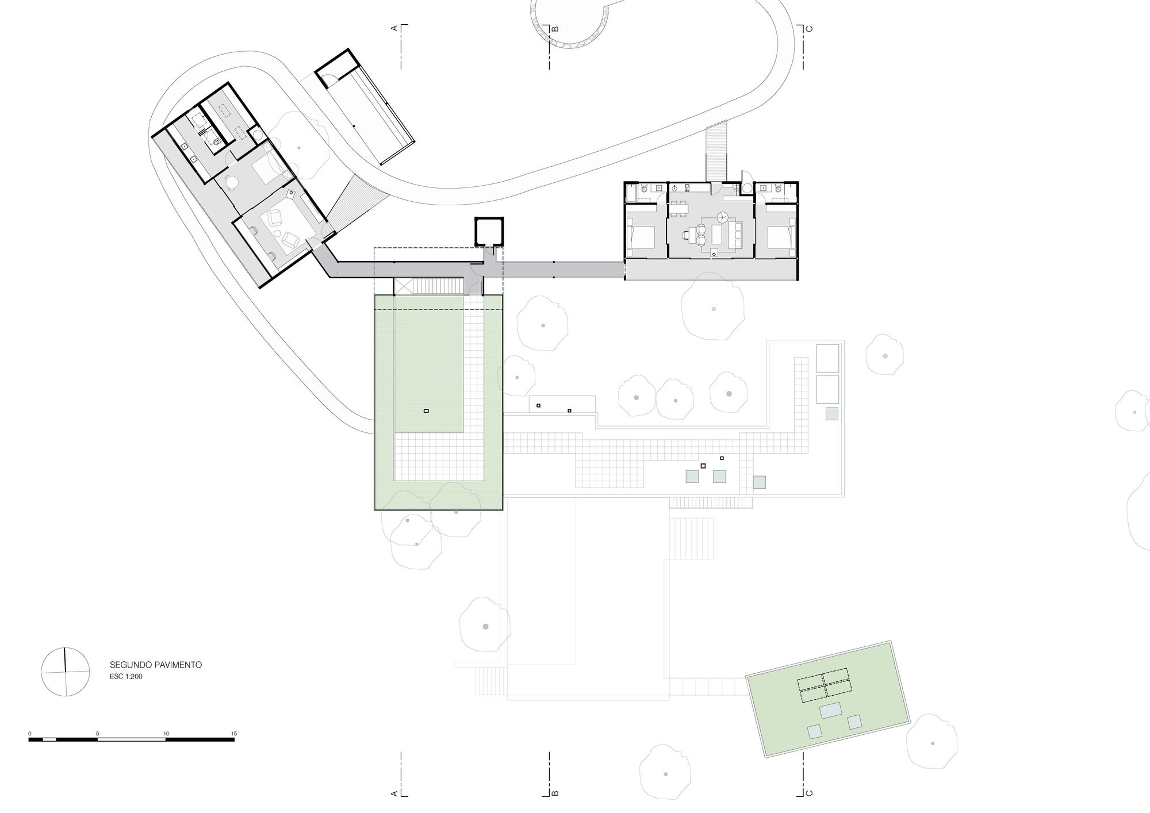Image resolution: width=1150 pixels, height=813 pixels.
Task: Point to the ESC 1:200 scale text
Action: (126, 677)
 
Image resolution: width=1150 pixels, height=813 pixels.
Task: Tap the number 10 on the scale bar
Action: (166, 734)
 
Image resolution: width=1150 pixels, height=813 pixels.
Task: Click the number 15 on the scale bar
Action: (233, 734)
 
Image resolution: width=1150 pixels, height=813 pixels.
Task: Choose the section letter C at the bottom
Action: (808, 793)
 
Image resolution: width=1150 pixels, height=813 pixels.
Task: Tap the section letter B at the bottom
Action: (555, 793)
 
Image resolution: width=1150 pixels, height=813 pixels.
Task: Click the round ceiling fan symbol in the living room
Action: (723, 217)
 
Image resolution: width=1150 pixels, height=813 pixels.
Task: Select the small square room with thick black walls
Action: (489, 231)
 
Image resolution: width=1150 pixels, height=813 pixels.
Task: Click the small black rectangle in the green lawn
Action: (426, 411)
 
